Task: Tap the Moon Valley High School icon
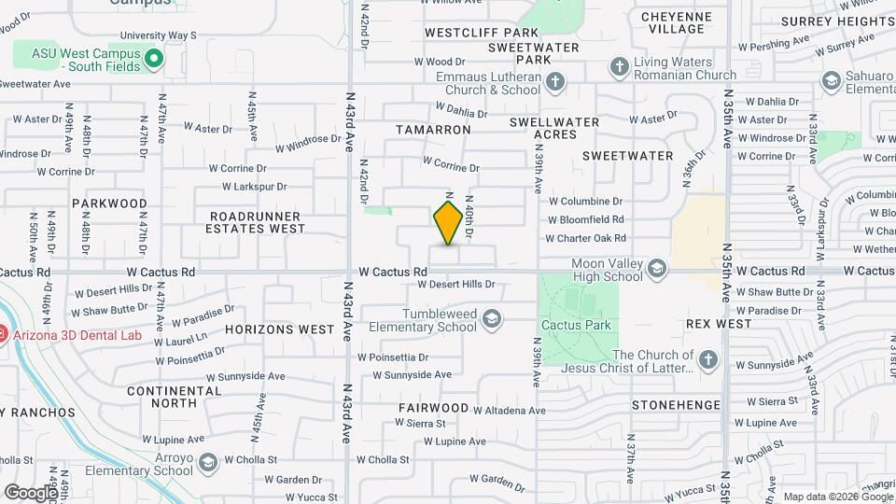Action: pos(657,270)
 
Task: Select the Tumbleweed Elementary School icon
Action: pos(491,321)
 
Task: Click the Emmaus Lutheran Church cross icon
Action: pos(555,82)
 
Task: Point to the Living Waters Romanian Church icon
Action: pos(619,67)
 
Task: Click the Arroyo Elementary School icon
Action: pos(207,463)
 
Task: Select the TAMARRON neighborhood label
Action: pos(432,130)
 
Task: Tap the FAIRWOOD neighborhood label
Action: pos(433,408)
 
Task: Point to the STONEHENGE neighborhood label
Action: pos(676,405)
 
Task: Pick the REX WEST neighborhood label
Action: pos(719,324)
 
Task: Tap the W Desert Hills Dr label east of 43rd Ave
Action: pos(462,284)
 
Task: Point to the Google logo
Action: pos(31,492)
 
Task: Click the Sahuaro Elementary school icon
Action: pos(830,82)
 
